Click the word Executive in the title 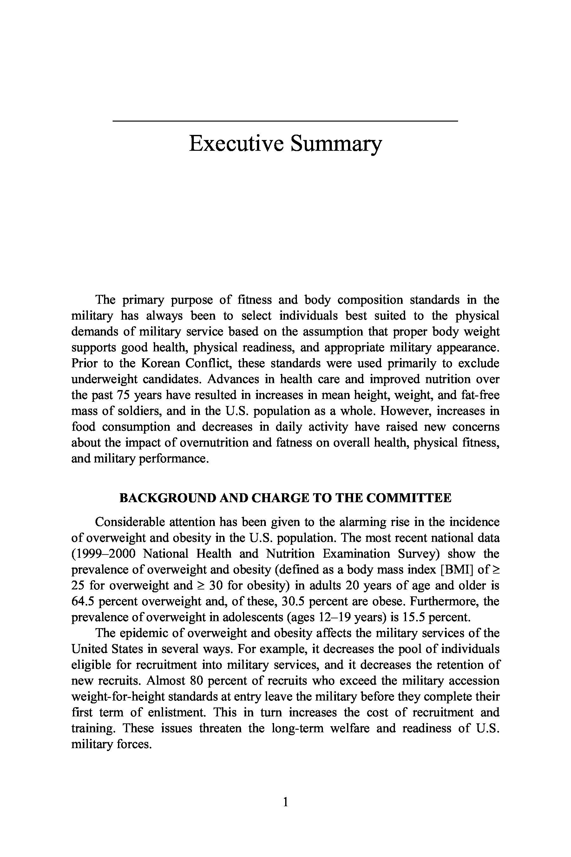click(236, 143)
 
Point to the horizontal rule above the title click(285, 121)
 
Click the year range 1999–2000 click(103, 554)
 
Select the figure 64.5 click(83, 601)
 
